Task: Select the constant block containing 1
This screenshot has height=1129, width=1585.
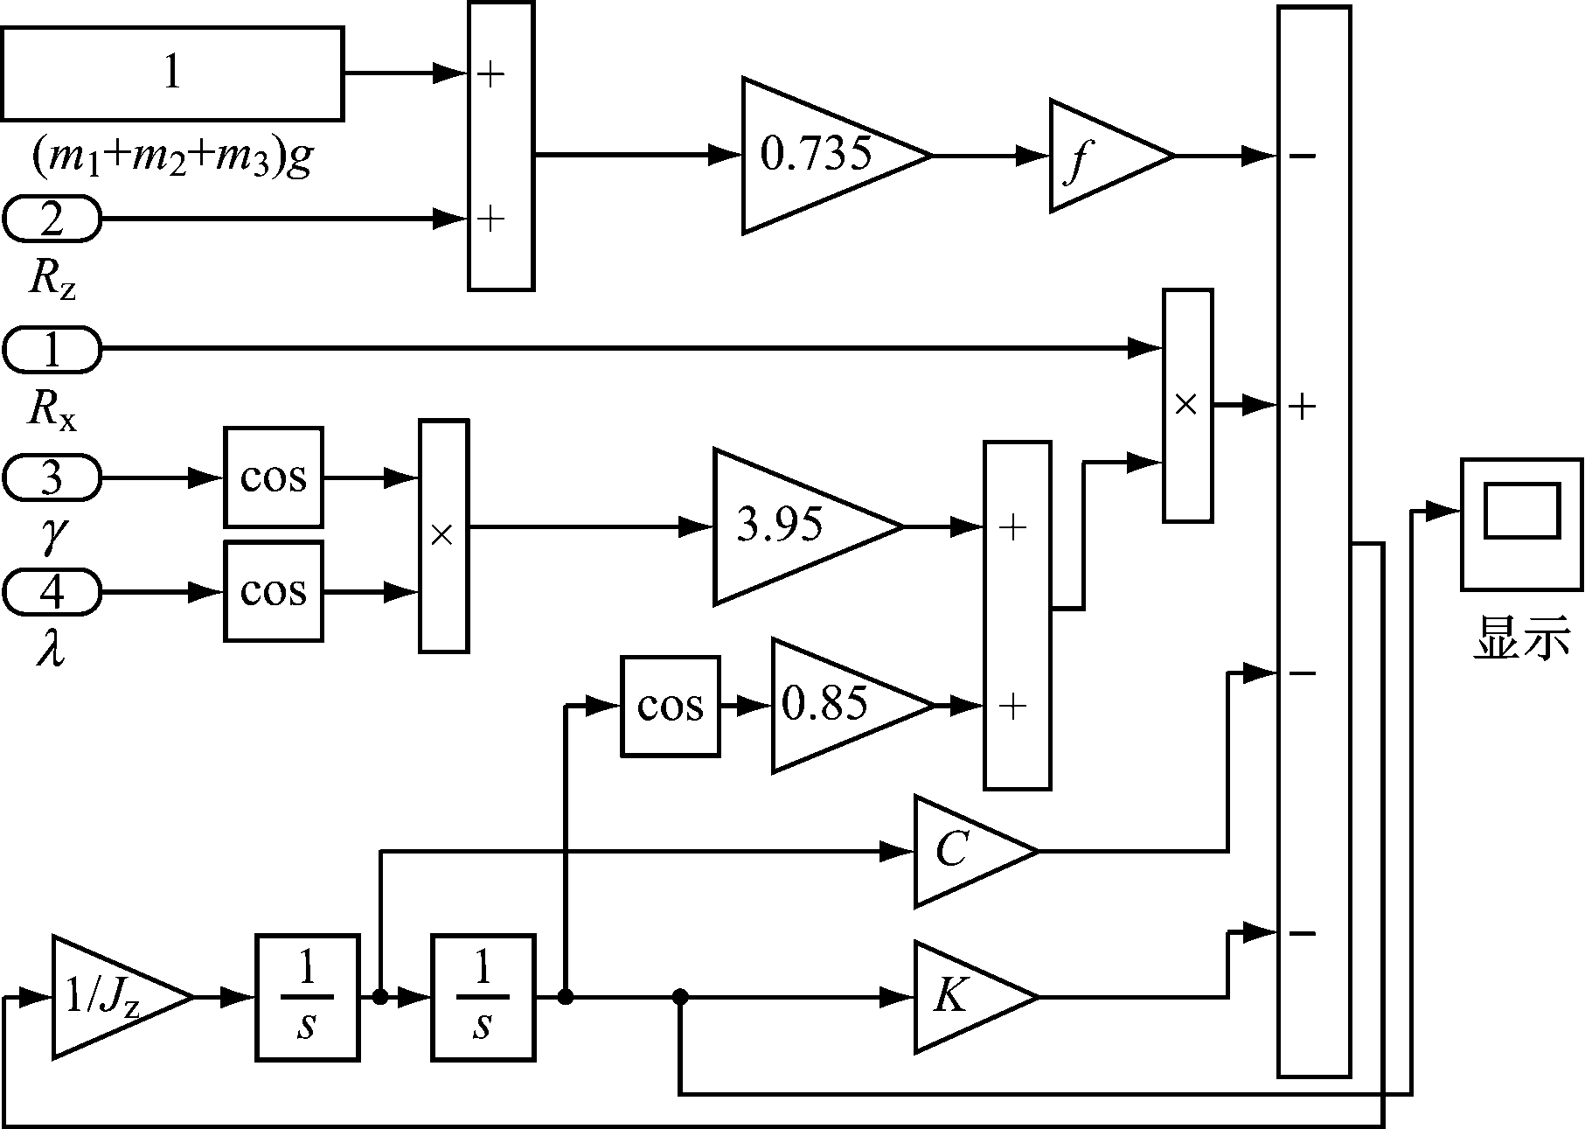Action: [x=172, y=73]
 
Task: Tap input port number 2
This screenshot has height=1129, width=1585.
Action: [x=52, y=219]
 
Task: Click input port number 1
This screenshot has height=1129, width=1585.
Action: [x=52, y=349]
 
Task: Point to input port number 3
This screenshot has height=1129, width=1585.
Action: [x=52, y=477]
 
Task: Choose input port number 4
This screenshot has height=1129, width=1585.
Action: [x=52, y=592]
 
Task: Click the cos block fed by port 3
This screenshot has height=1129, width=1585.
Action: [x=274, y=477]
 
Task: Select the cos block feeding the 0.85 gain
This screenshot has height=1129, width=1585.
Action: [x=671, y=706]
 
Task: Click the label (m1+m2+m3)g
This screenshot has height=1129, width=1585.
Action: [x=172, y=158]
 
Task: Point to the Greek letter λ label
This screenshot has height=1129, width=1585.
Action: [x=51, y=651]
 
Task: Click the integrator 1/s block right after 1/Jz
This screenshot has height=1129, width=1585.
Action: [x=307, y=998]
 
